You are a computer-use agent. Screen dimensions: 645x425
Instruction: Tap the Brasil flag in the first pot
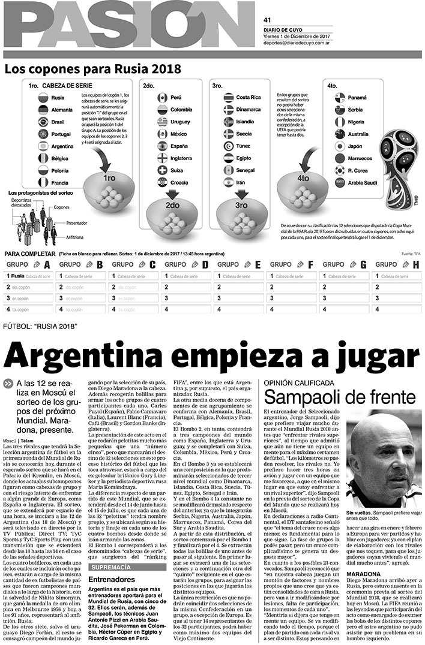[43, 121]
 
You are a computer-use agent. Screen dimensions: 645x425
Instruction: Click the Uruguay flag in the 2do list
[161, 121]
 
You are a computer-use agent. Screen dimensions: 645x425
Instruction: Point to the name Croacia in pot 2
[179, 182]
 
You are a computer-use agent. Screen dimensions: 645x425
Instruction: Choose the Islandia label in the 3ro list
[246, 121]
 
